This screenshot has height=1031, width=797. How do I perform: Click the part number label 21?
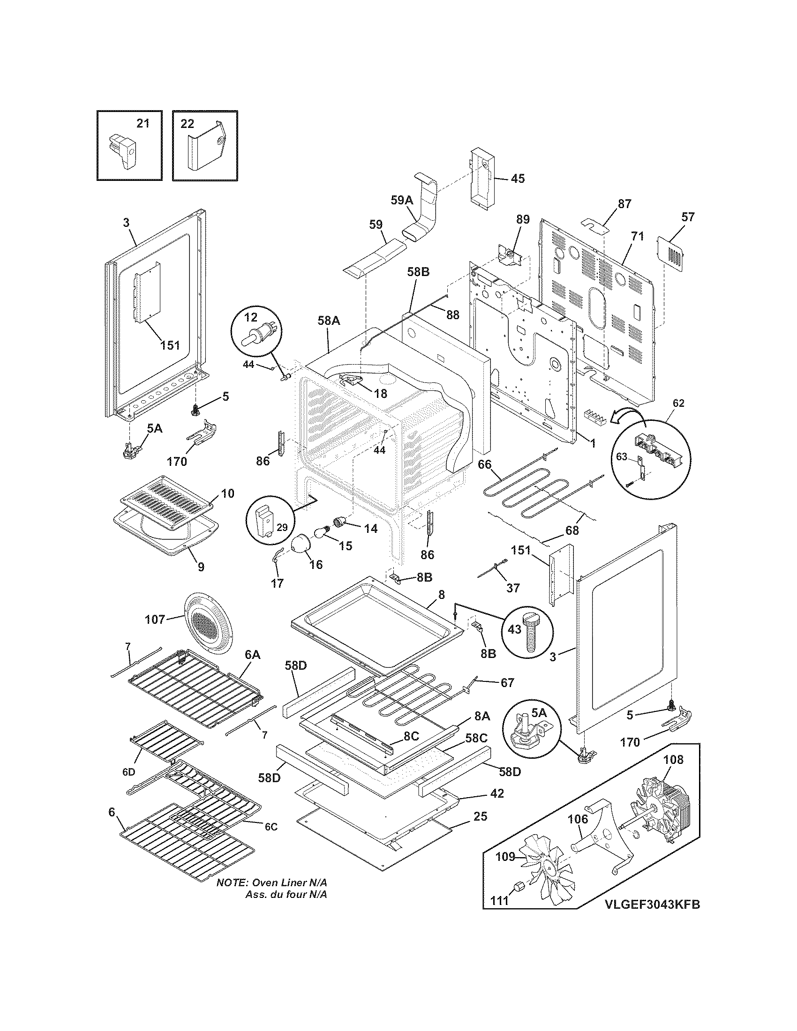(143, 123)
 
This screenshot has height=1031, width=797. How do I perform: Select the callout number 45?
(518, 179)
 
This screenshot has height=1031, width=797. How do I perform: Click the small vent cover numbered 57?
(670, 255)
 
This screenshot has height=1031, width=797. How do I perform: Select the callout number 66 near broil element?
(484, 464)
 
